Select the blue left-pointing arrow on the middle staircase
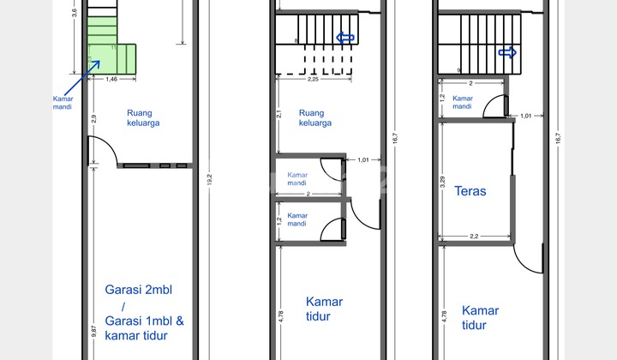[x=344, y=38]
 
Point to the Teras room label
[x=470, y=191]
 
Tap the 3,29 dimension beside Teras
[x=441, y=181]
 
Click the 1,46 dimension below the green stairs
[x=111, y=80]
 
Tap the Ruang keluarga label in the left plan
[x=144, y=117]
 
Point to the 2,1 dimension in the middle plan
[x=279, y=114]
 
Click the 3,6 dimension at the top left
[x=74, y=12]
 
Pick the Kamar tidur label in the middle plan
[x=324, y=309]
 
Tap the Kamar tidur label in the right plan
[x=480, y=317]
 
